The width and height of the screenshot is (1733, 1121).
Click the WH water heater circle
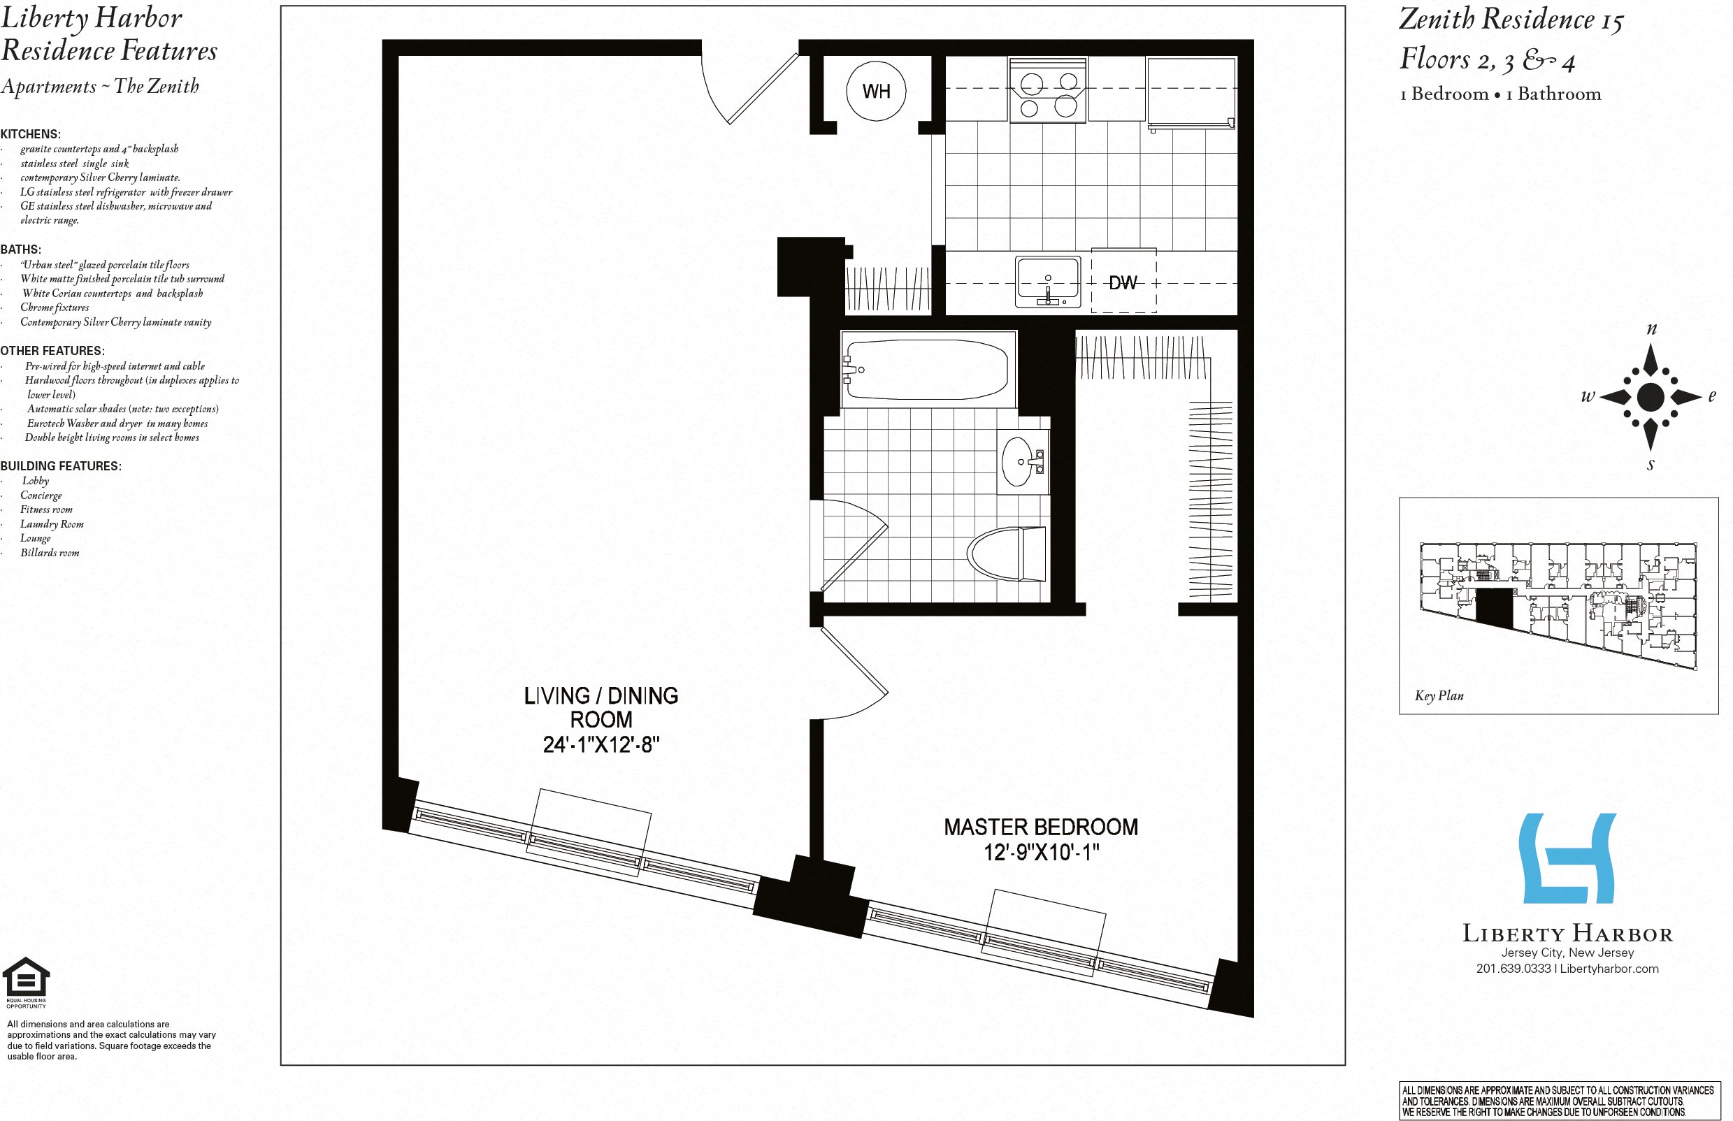(876, 91)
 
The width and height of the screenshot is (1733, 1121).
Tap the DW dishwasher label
(1122, 282)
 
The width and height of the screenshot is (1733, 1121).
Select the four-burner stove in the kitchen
(1048, 90)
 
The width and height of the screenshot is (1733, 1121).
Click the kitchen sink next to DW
(1048, 281)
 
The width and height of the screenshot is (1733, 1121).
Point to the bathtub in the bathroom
(926, 369)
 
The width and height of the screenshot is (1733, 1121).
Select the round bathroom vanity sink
(1018, 461)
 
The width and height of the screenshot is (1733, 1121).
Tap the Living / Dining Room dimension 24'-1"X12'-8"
(601, 745)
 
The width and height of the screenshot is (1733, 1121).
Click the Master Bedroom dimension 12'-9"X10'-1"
(1041, 852)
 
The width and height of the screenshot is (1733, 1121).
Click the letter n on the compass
(1651, 329)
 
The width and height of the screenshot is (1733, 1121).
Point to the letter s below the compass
(1650, 465)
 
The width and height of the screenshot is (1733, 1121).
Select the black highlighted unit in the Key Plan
(1494, 608)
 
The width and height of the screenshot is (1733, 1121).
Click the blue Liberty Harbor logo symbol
(1567, 858)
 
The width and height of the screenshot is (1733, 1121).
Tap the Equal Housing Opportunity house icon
(26, 977)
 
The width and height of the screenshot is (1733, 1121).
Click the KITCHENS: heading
(31, 134)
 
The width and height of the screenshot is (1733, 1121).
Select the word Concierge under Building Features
(41, 495)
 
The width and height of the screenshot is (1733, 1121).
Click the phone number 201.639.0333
(1513, 968)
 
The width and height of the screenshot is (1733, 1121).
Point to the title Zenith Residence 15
(1511, 20)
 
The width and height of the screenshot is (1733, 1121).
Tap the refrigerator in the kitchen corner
(1191, 92)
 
